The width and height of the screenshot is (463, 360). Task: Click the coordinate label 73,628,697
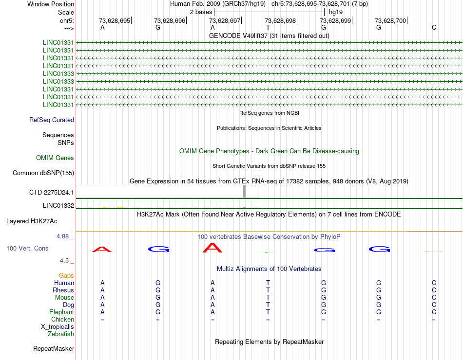[225, 20]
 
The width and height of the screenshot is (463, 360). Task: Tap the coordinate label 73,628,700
[390, 20]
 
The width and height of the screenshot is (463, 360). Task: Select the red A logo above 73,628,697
[212, 248]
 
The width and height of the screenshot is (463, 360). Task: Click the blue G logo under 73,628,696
[158, 250]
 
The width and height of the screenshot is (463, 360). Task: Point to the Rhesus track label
[63, 290]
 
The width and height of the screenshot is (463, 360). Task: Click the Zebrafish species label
[61, 334]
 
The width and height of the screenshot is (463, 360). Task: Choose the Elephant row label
[61, 312]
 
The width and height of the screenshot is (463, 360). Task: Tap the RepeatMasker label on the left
[54, 349]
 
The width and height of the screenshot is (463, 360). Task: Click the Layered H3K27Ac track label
[32, 221]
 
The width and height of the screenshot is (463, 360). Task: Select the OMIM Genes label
[55, 158]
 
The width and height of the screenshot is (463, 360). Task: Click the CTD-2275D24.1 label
[52, 193]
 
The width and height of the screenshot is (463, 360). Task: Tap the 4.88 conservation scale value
[65, 236]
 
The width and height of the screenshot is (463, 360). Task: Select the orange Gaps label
[66, 276]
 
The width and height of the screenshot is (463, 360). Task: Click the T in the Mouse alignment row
[268, 298]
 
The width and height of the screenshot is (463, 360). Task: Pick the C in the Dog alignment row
[434, 305]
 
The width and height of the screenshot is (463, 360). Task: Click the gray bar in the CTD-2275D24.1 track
[244, 192]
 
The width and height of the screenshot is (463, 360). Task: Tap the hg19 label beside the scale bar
[336, 12]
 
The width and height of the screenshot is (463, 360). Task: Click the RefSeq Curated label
[52, 120]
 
